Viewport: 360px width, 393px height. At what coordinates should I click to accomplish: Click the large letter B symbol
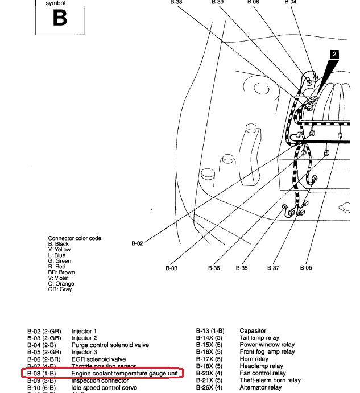[59, 18]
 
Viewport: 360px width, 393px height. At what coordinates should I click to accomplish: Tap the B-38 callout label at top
[176, 2]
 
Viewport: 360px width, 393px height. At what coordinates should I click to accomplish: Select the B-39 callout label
[217, 2]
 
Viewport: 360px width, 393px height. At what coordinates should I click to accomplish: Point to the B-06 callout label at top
[253, 2]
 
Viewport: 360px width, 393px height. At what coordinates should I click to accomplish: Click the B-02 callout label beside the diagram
[137, 243]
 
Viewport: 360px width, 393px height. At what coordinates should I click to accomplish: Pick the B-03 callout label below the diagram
[172, 268]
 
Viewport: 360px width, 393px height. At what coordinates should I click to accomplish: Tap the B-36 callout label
[214, 268]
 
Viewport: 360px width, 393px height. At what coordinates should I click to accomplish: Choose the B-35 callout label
[242, 268]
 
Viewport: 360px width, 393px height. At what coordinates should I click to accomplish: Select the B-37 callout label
[273, 268]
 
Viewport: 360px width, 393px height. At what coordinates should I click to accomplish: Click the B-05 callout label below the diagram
[306, 268]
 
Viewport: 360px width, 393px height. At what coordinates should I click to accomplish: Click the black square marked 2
[334, 55]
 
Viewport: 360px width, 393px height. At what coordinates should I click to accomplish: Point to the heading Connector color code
[75, 238]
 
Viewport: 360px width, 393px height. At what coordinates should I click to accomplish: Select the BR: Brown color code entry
[61, 272]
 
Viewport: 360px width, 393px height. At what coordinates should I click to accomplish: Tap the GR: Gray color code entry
[60, 289]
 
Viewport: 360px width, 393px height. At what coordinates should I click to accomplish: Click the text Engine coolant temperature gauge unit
[125, 373]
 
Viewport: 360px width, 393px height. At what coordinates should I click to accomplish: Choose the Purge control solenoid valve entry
[110, 345]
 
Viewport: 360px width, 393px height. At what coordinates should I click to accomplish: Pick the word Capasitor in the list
[253, 331]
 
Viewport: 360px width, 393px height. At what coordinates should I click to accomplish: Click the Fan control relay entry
[262, 374]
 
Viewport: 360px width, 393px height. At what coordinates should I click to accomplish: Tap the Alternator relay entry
[260, 388]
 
